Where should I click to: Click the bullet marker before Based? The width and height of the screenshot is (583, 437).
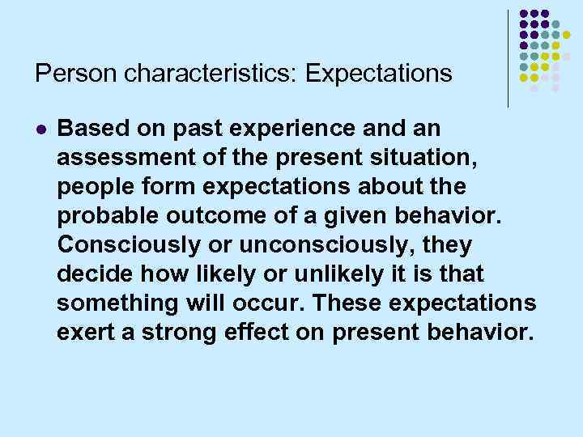click(x=42, y=129)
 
